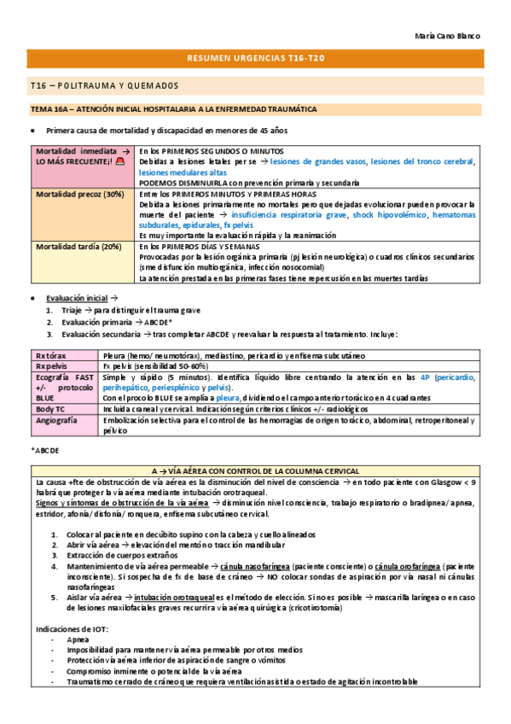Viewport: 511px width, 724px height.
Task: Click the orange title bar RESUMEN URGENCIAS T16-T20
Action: pos(255,58)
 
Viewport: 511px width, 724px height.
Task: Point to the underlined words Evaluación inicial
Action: pos(77,298)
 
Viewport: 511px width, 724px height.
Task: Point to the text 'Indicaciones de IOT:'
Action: pos(73,628)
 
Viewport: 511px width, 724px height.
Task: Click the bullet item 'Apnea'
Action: pos(77,639)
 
